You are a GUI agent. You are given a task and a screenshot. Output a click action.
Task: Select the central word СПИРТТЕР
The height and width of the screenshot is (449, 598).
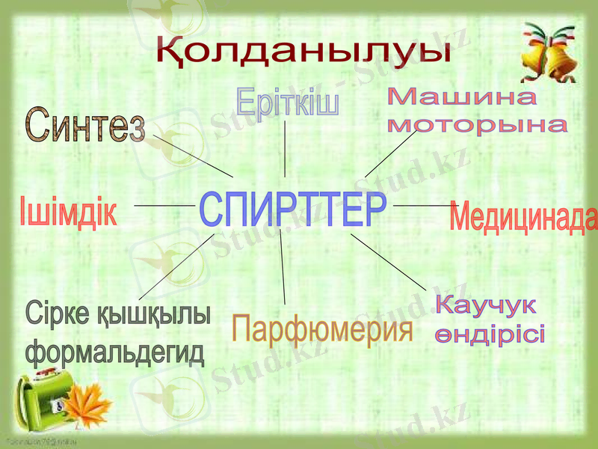[x=293, y=210]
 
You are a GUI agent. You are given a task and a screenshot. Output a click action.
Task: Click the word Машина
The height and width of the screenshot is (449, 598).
[x=462, y=98]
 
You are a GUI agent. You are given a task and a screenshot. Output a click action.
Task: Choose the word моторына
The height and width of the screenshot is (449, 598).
[x=477, y=124]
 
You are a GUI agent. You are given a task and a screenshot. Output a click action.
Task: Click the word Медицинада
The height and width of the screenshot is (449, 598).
[x=523, y=218]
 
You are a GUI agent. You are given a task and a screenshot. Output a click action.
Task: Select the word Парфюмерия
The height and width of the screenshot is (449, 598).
[x=323, y=329]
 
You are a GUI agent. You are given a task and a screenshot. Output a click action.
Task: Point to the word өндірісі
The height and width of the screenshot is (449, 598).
[x=490, y=334]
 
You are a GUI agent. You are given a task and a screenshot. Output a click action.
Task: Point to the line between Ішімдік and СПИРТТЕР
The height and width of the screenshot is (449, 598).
[x=164, y=204]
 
